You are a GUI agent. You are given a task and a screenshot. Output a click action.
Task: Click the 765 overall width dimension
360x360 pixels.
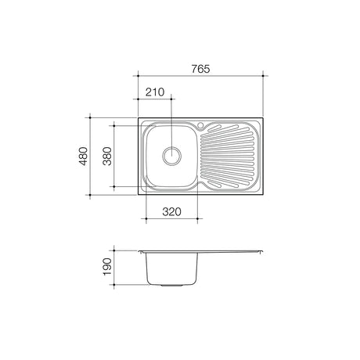200,69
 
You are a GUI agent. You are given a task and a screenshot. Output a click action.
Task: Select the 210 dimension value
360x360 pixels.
155,92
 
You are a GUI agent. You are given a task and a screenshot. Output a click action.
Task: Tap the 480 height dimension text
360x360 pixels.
84,157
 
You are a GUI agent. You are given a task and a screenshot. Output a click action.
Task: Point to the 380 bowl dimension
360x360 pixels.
107,157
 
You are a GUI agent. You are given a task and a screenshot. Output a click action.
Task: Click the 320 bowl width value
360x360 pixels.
171,212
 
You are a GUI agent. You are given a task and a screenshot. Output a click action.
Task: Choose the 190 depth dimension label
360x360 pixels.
107,267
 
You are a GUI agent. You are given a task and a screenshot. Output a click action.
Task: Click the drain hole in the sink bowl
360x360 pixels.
171,156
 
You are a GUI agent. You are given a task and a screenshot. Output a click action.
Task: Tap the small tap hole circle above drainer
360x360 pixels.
200,125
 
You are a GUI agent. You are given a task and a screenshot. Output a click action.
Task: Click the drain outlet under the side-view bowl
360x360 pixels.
171,286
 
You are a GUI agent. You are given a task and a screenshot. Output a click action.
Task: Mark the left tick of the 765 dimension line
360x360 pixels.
138,76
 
